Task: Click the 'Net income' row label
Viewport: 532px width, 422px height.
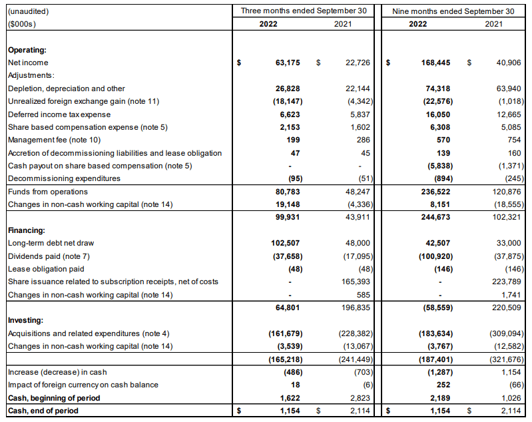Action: (x=28, y=63)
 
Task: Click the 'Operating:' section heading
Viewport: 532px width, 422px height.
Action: (x=27, y=50)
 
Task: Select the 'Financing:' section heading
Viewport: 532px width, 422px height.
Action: (x=27, y=230)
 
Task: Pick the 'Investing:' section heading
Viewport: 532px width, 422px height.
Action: (x=26, y=320)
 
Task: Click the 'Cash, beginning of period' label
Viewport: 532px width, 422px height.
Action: (x=53, y=398)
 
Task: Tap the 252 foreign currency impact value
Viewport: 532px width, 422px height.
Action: (x=443, y=385)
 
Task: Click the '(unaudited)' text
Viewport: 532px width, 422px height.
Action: (x=28, y=11)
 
